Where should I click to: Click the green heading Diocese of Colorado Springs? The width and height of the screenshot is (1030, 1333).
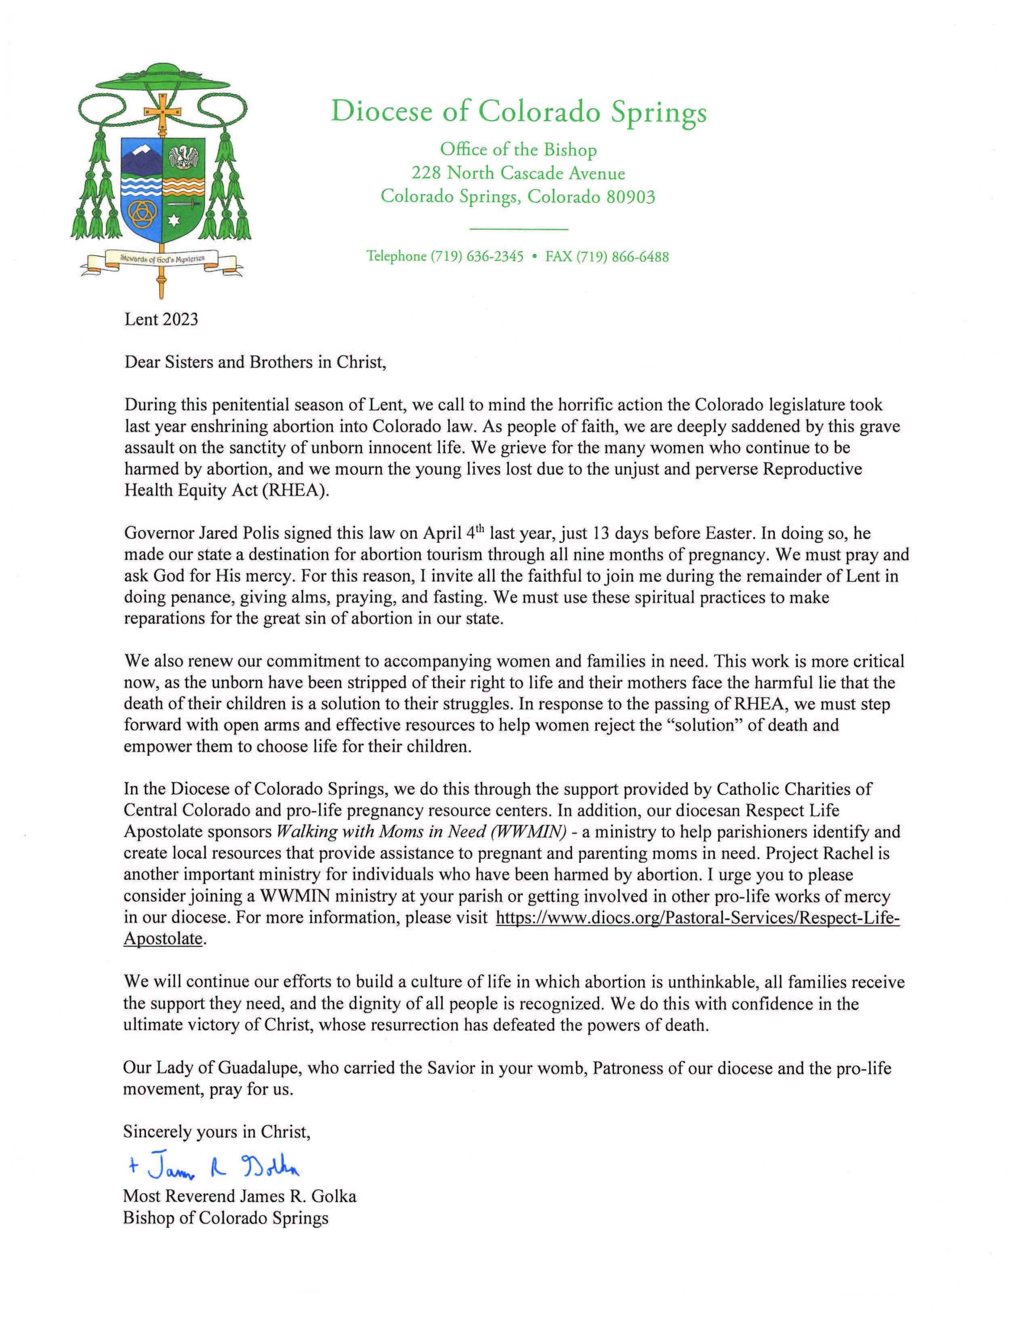point(519,112)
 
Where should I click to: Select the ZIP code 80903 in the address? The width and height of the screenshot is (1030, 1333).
point(631,197)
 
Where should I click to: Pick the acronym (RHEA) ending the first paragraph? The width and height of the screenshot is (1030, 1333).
point(295,491)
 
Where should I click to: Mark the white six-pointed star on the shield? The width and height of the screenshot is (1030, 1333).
point(174,220)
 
